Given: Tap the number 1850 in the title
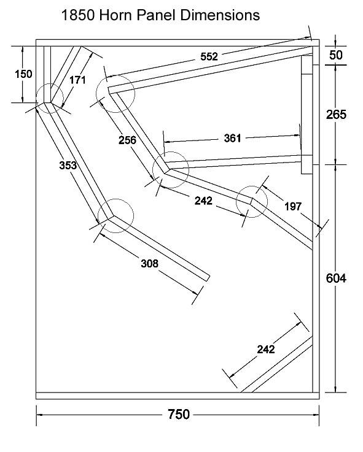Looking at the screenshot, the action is pyautogui.click(x=78, y=15).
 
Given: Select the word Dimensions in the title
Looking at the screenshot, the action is pyautogui.click(x=220, y=15).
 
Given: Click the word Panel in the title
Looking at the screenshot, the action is pyautogui.click(x=157, y=15).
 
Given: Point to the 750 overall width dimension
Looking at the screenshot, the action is pyautogui.click(x=179, y=414).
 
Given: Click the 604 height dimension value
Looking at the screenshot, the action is pyautogui.click(x=336, y=278).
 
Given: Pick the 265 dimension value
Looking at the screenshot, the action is pyautogui.click(x=336, y=115).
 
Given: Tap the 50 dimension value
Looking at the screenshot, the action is pyautogui.click(x=335, y=55).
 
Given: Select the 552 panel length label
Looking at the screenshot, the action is pyautogui.click(x=209, y=56).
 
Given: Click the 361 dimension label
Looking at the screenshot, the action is pyautogui.click(x=232, y=139).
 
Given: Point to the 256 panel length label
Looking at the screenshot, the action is pyautogui.click(x=127, y=140).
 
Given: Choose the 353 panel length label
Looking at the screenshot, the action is pyautogui.click(x=68, y=165).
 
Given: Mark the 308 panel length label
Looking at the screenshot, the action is pyautogui.click(x=150, y=263).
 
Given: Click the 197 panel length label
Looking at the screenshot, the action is pyautogui.click(x=293, y=207).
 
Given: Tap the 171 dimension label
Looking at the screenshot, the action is pyautogui.click(x=77, y=80).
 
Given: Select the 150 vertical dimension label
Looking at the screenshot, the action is pyautogui.click(x=23, y=74).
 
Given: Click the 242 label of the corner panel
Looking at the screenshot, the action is pyautogui.click(x=266, y=350).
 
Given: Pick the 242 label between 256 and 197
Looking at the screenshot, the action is pyautogui.click(x=203, y=201).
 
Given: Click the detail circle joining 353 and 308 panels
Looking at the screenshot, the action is pyautogui.click(x=116, y=199).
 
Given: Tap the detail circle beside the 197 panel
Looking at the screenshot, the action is pyautogui.click(x=252, y=186).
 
